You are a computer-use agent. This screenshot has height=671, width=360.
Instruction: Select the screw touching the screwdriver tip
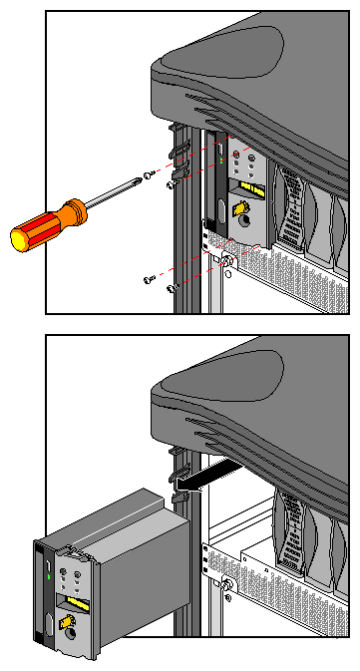[x=148, y=175]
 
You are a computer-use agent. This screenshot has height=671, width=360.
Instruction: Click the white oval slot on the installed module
[x=216, y=208]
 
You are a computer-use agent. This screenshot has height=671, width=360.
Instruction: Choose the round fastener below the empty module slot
[x=227, y=584]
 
